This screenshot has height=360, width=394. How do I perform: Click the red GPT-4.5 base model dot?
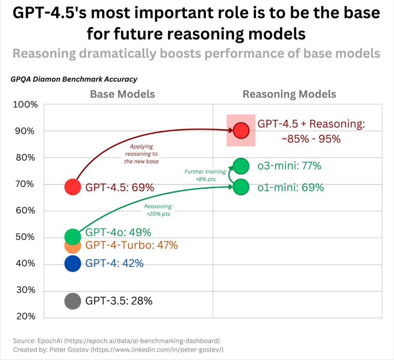73,187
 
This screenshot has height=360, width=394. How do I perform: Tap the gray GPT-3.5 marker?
73,301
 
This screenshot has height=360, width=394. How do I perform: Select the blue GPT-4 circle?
73,264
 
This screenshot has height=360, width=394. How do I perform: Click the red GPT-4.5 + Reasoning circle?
241,131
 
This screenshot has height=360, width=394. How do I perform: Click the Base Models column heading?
122,94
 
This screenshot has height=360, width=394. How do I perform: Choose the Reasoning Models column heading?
289,94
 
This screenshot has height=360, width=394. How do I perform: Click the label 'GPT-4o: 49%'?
118,233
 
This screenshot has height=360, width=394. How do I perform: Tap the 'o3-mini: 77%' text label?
289,166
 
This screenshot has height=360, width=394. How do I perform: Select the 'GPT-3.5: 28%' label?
119,301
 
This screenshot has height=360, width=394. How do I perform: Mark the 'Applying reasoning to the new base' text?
141,154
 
